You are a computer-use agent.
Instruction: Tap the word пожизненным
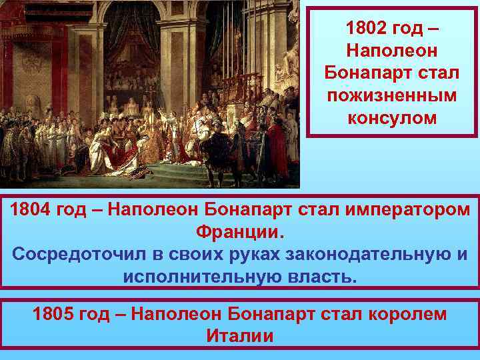[x=392, y=95]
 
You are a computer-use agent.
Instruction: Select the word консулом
[x=392, y=118]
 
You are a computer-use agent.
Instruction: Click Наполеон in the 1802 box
[x=392, y=51]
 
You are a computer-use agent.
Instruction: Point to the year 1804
[x=31, y=211]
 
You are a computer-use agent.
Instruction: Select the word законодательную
[x=374, y=255]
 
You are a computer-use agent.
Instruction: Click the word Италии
[x=240, y=335]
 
